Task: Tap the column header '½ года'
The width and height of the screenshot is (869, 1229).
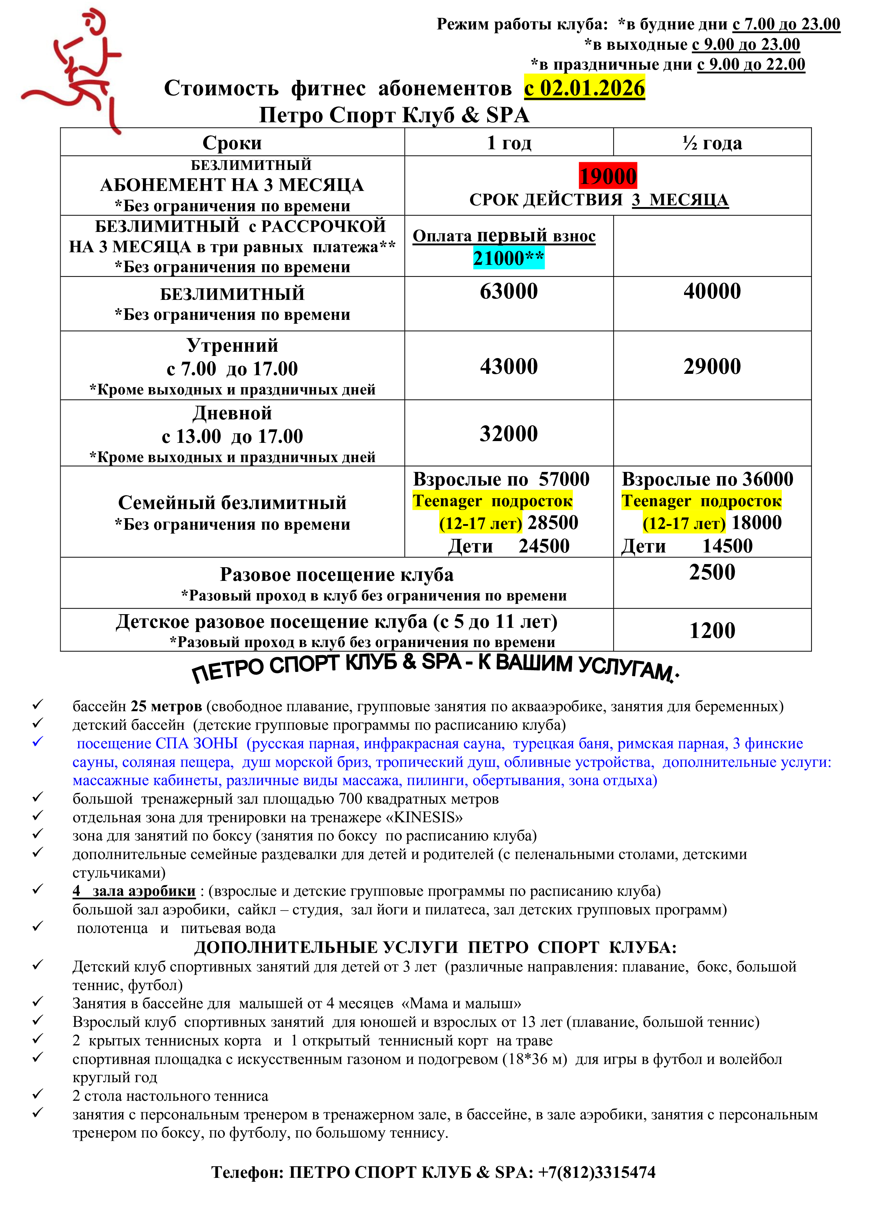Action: click(712, 143)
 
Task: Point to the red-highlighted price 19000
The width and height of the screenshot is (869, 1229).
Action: click(608, 176)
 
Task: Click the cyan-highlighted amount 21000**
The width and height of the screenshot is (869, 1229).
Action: click(508, 258)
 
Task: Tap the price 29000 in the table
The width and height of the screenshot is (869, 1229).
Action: click(712, 367)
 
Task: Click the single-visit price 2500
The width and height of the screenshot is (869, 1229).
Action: click(712, 572)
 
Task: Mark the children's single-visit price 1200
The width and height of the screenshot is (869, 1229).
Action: click(712, 631)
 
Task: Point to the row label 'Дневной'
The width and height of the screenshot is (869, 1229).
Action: click(232, 413)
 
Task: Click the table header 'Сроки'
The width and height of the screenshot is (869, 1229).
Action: click(232, 143)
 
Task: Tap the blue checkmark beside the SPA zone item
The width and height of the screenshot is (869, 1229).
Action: click(37, 742)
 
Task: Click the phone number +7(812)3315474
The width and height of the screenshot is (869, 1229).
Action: click(596, 1172)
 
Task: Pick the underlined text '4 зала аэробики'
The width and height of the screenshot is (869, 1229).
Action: click(134, 891)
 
